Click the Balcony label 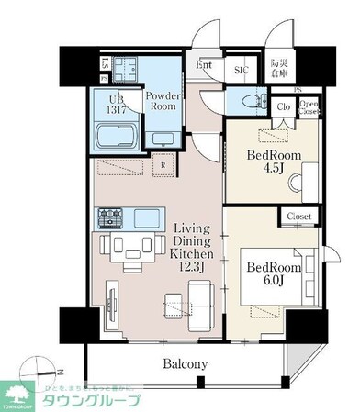[x=185, y=364]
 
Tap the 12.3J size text [x=194, y=265]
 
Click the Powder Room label [x=163, y=100]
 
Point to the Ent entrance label [x=204, y=66]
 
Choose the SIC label [x=241, y=70]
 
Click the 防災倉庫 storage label [x=278, y=66]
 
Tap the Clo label [x=285, y=106]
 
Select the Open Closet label [x=309, y=106]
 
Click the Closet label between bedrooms [x=298, y=217]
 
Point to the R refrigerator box [x=163, y=166]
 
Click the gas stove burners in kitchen [x=111, y=218]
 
